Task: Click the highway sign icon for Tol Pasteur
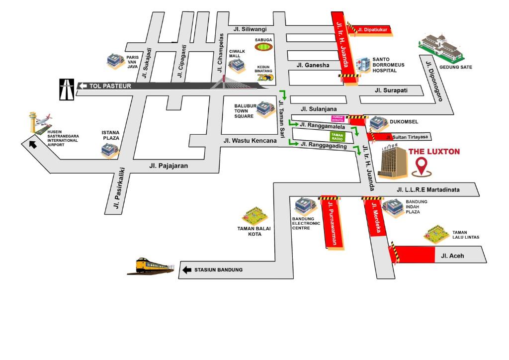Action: click(x=67, y=90)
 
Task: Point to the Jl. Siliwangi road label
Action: click(x=247, y=29)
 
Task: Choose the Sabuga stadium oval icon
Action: click(x=264, y=47)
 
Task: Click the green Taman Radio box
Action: click(x=338, y=136)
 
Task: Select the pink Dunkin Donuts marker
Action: click(x=338, y=118)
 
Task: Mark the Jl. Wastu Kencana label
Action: click(x=250, y=141)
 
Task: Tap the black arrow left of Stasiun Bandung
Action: click(x=187, y=270)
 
